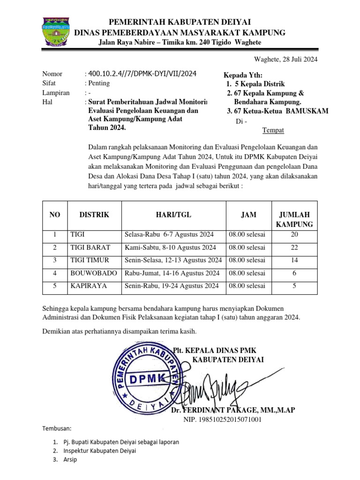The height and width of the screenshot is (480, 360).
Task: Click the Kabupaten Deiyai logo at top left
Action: pyautogui.click(x=56, y=31)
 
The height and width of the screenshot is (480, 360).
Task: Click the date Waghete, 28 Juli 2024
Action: pyautogui.click(x=285, y=59)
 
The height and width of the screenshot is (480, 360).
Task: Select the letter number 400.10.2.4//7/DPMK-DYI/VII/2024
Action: pyautogui.click(x=142, y=74)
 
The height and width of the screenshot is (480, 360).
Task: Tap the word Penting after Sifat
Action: pyautogui.click(x=99, y=83)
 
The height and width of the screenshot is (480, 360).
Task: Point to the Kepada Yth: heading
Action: pyautogui.click(x=243, y=76)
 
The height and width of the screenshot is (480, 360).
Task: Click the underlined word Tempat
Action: pyautogui.click(x=272, y=130)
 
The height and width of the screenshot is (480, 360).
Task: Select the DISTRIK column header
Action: pyautogui.click(x=94, y=215)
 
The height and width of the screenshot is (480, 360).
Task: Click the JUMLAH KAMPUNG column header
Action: pyautogui.click(x=294, y=219)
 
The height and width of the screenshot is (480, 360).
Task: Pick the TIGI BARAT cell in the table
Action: pyautogui.click(x=90, y=247)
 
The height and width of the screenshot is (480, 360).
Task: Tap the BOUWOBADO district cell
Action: pyautogui.click(x=92, y=273)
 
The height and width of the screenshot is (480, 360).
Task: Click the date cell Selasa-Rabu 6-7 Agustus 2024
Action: pyautogui.click(x=169, y=234)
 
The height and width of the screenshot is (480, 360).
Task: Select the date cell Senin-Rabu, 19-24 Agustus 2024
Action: pyautogui.click(x=172, y=285)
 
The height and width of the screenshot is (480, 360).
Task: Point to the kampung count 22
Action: pyautogui.click(x=294, y=247)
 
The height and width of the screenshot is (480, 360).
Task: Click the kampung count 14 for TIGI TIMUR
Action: pyautogui.click(x=294, y=260)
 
